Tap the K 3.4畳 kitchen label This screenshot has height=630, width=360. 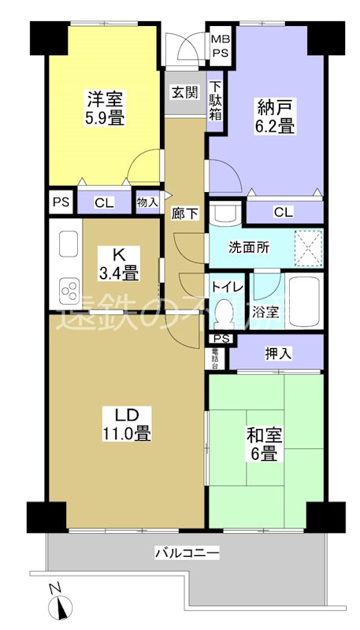tap(119, 264)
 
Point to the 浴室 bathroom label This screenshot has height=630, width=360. tap(265, 312)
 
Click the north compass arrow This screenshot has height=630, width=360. tap(59, 606)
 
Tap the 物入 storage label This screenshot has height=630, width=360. tap(147, 201)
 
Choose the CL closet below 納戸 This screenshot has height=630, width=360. tap(284, 211)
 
